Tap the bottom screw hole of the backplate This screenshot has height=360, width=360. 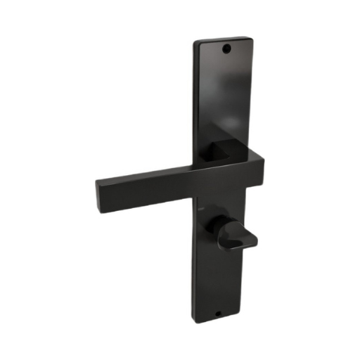(217, 312)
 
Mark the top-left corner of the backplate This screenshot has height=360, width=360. (195, 41)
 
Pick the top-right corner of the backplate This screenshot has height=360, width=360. (250, 35)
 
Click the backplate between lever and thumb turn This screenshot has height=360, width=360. (211, 211)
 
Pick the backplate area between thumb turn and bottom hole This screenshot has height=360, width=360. (211, 281)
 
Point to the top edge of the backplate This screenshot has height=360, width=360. (224, 37)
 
